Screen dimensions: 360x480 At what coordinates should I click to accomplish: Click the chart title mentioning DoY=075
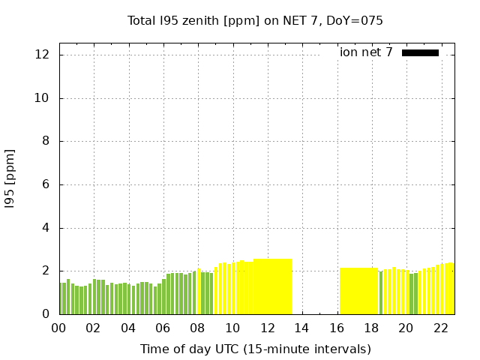click(x=255, y=20)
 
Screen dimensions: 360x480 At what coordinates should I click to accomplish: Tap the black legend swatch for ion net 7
click(x=420, y=52)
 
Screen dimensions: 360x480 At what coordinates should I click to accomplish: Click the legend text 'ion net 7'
click(x=366, y=52)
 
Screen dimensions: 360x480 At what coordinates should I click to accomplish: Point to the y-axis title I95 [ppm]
click(x=10, y=178)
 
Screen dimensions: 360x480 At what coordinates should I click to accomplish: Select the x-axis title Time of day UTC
click(x=255, y=349)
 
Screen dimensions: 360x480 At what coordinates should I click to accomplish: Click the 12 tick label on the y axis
click(x=42, y=55)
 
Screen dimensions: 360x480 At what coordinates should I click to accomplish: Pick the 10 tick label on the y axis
click(x=42, y=98)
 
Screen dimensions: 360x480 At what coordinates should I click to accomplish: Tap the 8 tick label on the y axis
click(x=46, y=142)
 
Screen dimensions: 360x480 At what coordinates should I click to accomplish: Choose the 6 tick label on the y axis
click(x=46, y=184)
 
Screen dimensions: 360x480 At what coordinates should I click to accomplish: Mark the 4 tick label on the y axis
click(x=46, y=228)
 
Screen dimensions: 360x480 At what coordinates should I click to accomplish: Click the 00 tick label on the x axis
click(x=58, y=328)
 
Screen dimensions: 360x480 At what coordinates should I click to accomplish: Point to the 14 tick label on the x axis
click(x=301, y=328)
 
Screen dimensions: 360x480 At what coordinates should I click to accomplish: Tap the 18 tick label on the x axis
click(x=370, y=328)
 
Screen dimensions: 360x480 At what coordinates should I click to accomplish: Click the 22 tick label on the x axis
click(x=440, y=328)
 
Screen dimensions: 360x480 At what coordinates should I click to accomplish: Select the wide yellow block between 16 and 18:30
click(x=358, y=291)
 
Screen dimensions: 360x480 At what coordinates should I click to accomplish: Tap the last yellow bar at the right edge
click(x=451, y=289)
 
